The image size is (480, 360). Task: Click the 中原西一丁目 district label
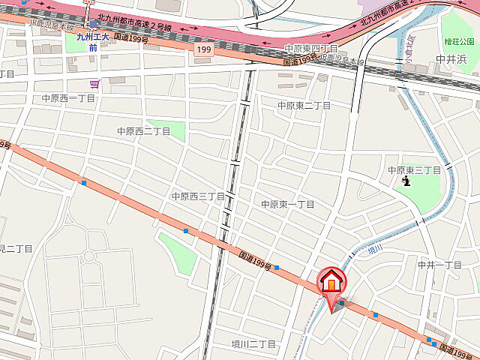(x=68, y=98)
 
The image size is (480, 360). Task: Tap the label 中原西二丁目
(x=143, y=131)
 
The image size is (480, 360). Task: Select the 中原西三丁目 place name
(x=198, y=196)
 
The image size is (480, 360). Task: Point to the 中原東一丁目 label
(x=288, y=204)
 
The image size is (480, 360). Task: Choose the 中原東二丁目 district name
(x=304, y=106)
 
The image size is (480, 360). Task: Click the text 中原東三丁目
(x=414, y=170)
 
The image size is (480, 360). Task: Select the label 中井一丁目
(x=439, y=265)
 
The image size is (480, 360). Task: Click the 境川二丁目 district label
(x=253, y=344)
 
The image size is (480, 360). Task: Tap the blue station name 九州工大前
(x=92, y=41)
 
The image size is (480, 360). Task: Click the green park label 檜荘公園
(x=459, y=40)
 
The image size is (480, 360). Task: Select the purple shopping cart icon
(x=94, y=84)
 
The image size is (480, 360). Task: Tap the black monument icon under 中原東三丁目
(x=406, y=181)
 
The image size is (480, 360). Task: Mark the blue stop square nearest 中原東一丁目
(x=276, y=267)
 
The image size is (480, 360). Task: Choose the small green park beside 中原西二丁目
(x=166, y=128)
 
